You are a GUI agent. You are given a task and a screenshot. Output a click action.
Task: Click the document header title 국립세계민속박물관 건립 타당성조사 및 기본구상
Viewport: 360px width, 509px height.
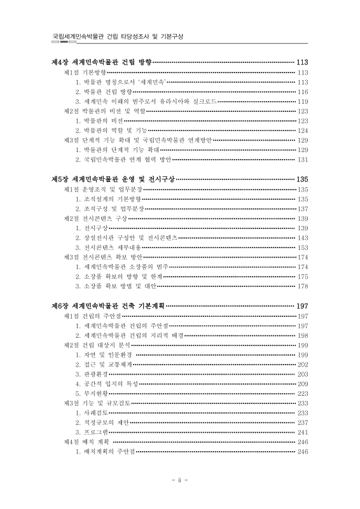118,37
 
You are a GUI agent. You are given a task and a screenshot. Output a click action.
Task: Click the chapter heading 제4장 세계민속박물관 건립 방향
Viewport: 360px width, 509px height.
101,62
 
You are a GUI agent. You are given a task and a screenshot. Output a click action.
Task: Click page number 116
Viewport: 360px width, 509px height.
303,92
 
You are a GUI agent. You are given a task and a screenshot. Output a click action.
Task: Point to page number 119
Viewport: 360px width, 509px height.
303,102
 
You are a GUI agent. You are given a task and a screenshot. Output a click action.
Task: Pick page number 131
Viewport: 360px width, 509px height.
303,160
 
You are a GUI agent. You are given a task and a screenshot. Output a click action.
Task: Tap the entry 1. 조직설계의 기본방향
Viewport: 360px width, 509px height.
107,199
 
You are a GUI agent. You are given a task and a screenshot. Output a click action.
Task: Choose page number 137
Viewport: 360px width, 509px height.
303,209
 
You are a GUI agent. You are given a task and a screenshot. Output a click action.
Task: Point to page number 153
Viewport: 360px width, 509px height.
303,248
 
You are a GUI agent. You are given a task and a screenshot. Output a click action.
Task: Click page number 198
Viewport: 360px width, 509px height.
303,335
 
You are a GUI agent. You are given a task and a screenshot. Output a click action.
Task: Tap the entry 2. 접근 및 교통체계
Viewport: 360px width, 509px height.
104,365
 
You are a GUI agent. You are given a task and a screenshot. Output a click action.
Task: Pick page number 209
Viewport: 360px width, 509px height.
303,384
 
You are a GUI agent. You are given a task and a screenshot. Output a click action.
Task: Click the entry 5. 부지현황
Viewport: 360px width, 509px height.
93,394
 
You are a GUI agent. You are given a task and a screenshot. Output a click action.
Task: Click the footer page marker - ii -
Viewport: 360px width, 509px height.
180,480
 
